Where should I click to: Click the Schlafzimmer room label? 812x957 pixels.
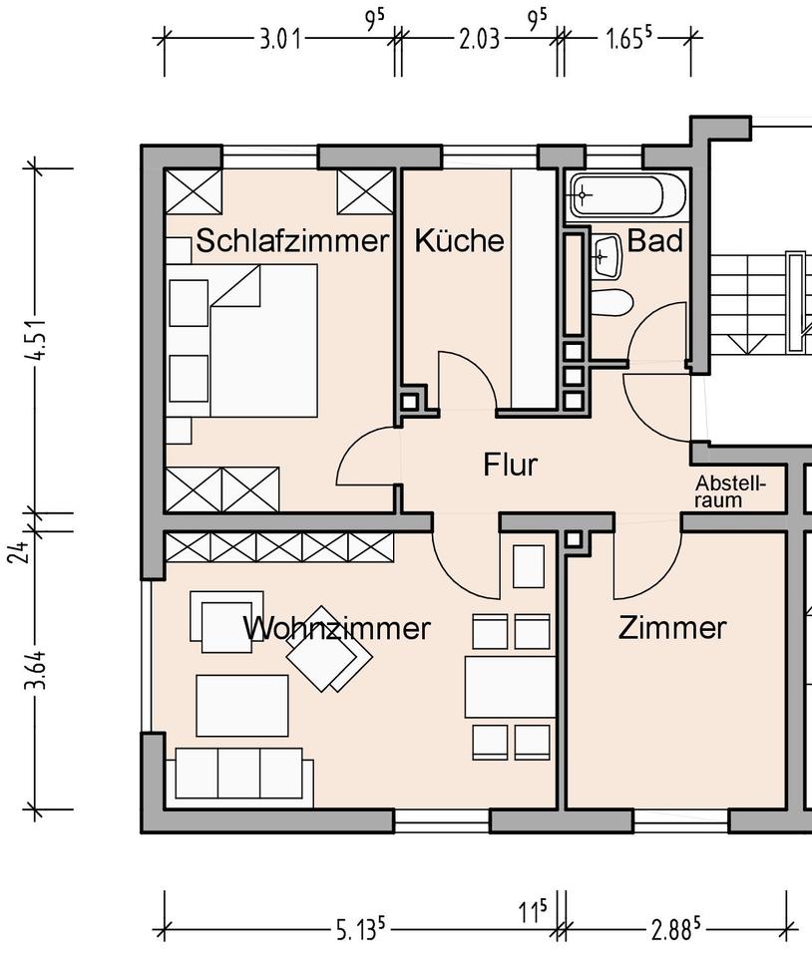(292, 240)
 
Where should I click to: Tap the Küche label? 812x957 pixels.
(459, 240)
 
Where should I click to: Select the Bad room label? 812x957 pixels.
(655, 240)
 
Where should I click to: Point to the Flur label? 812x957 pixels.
(511, 465)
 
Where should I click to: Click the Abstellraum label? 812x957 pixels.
(729, 491)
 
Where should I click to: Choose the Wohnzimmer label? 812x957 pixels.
(337, 628)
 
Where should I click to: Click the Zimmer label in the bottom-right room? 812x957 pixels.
(672, 628)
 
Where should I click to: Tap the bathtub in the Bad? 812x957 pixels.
(627, 195)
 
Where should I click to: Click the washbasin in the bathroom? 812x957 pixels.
(607, 255)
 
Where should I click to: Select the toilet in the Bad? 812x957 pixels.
(611, 303)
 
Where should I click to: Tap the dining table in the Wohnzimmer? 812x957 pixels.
(511, 687)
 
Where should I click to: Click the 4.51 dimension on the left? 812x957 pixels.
(38, 340)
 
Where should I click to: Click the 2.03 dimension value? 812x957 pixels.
(480, 40)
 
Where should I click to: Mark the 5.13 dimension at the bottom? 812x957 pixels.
(361, 930)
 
